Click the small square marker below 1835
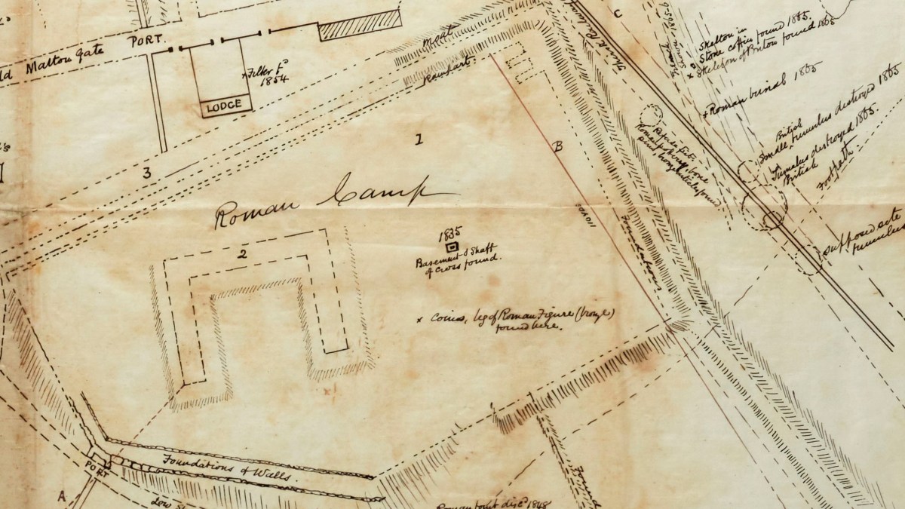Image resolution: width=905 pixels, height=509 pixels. tap(452, 246)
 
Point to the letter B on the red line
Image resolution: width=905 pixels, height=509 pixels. tap(559, 147)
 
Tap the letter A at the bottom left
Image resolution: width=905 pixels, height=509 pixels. tap(61, 495)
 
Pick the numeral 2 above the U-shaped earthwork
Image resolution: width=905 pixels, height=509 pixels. tap(242, 253)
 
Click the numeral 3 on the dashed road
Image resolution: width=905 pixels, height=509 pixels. tap(147, 173)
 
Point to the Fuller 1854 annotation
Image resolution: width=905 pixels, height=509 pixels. tap(262, 81)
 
